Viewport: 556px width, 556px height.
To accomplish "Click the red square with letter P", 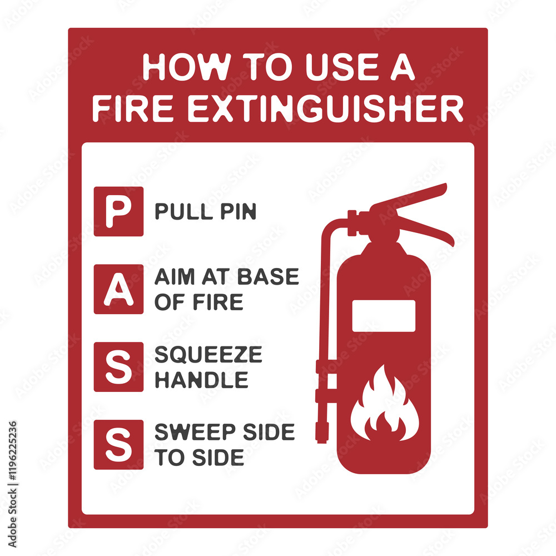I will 118,211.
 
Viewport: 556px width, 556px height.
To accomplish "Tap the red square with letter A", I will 118,289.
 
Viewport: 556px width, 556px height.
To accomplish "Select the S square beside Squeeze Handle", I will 118,367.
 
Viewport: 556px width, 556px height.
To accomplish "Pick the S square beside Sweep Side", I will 118,445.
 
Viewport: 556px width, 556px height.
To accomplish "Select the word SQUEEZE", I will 208,355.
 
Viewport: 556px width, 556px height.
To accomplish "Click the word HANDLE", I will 201,380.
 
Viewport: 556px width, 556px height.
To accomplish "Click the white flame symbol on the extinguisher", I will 384,403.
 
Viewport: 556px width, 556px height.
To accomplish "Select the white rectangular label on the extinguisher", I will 384,315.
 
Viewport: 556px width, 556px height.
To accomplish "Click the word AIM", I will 172,277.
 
